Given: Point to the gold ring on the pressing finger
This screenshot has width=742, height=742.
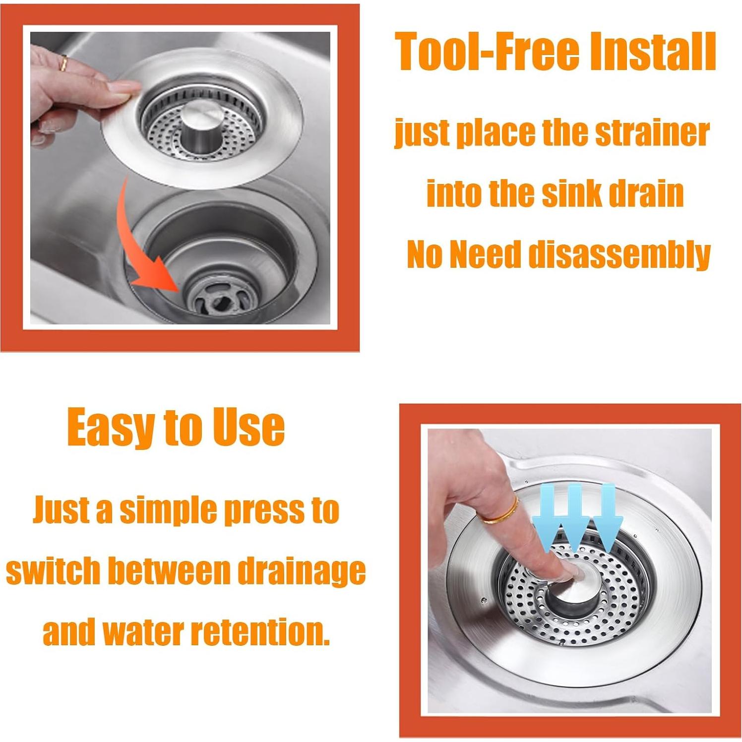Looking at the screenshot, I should pyautogui.click(x=501, y=511).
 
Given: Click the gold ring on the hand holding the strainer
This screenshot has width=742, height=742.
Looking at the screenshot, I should pyautogui.click(x=63, y=63).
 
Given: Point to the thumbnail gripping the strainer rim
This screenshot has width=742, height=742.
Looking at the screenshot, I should pyautogui.click(x=119, y=89).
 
